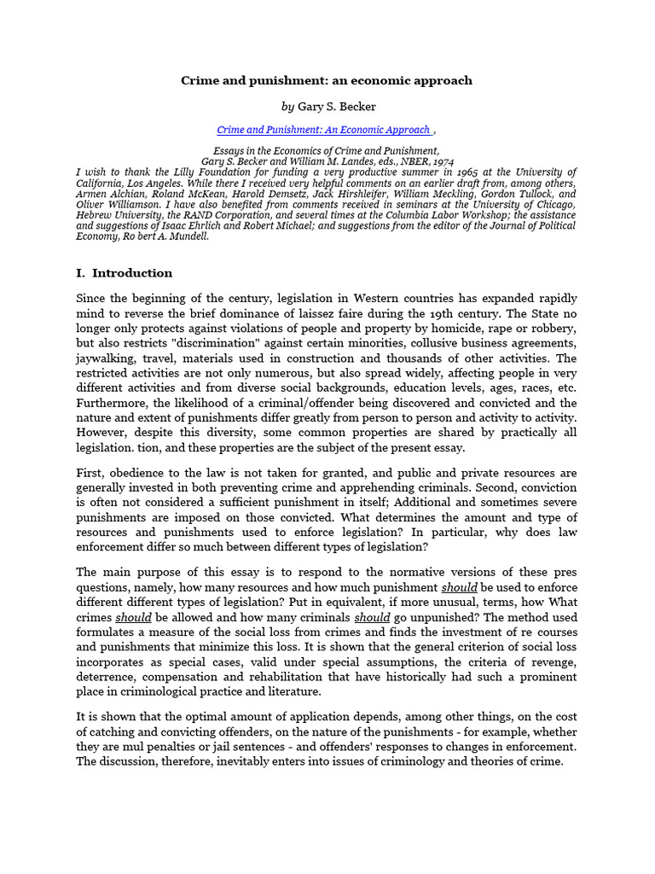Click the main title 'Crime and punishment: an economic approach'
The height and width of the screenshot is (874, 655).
(327, 80)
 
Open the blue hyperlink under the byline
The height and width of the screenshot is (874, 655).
(324, 130)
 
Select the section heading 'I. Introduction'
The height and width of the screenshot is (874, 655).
(125, 273)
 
